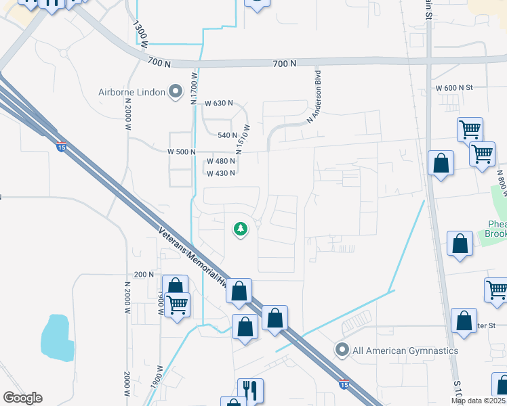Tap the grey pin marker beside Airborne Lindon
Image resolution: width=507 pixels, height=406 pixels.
[x=176, y=91]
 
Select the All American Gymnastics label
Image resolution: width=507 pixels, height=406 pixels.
[x=405, y=351]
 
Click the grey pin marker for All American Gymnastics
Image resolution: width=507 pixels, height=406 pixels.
[x=342, y=350]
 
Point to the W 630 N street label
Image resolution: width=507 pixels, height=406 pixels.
[x=218, y=104]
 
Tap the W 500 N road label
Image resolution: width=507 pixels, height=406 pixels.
[x=181, y=152]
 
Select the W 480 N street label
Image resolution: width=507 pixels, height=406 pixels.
[x=221, y=161]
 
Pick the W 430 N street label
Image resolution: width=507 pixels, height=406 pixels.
[x=220, y=173]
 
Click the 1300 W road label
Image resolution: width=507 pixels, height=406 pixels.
[x=140, y=34]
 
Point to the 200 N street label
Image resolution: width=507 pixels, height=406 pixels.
[x=144, y=274]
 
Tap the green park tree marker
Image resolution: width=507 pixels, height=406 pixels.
[x=240, y=229]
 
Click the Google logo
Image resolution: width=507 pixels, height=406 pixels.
[x=22, y=398]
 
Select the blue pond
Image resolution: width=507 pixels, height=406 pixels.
[x=56, y=338]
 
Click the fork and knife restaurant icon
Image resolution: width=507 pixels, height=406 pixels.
[x=250, y=389]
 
